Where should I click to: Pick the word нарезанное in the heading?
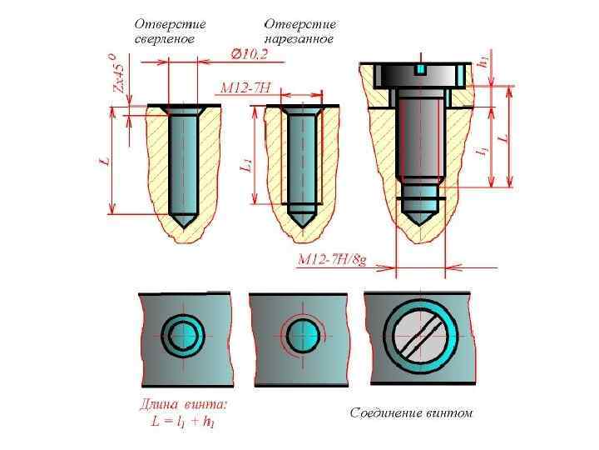click(x=299, y=39)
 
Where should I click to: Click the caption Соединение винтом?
click(x=411, y=412)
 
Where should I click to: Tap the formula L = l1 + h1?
click(x=183, y=422)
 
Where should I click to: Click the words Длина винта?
click(x=182, y=406)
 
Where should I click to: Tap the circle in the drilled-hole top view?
click(x=182, y=336)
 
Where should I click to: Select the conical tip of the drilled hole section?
click(x=183, y=219)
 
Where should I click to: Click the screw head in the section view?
click(x=421, y=76)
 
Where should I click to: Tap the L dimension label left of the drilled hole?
click(x=105, y=160)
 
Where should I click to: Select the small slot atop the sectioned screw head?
click(x=421, y=67)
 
